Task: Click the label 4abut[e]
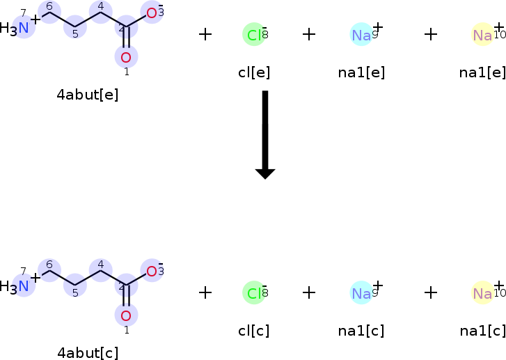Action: (x=88, y=95)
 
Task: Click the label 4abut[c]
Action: (x=88, y=353)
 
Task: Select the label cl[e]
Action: (x=254, y=72)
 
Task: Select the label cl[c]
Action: (x=254, y=331)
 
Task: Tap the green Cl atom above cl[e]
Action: (x=254, y=34)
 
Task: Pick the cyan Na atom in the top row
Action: (x=361, y=34)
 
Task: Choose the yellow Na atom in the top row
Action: (x=482, y=34)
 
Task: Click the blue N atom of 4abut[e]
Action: (x=24, y=28)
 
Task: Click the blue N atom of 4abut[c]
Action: (x=24, y=285)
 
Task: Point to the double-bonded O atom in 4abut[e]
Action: (x=126, y=57)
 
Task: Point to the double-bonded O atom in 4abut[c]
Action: (x=126, y=315)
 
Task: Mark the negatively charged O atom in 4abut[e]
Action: (x=151, y=12)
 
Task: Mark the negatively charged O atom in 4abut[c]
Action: (x=151, y=270)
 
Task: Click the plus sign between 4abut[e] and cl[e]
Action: (x=205, y=34)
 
